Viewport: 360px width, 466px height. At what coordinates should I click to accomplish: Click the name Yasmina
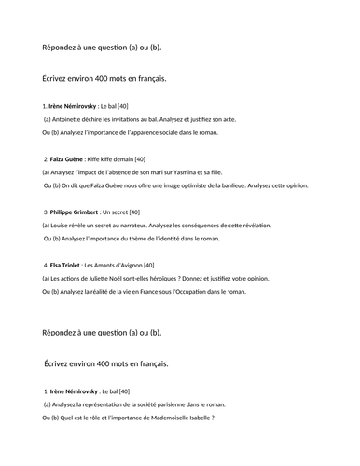click(222, 172)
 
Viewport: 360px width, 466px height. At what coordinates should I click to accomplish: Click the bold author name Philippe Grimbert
click(73, 212)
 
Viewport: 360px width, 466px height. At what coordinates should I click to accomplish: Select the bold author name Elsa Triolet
click(64, 266)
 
